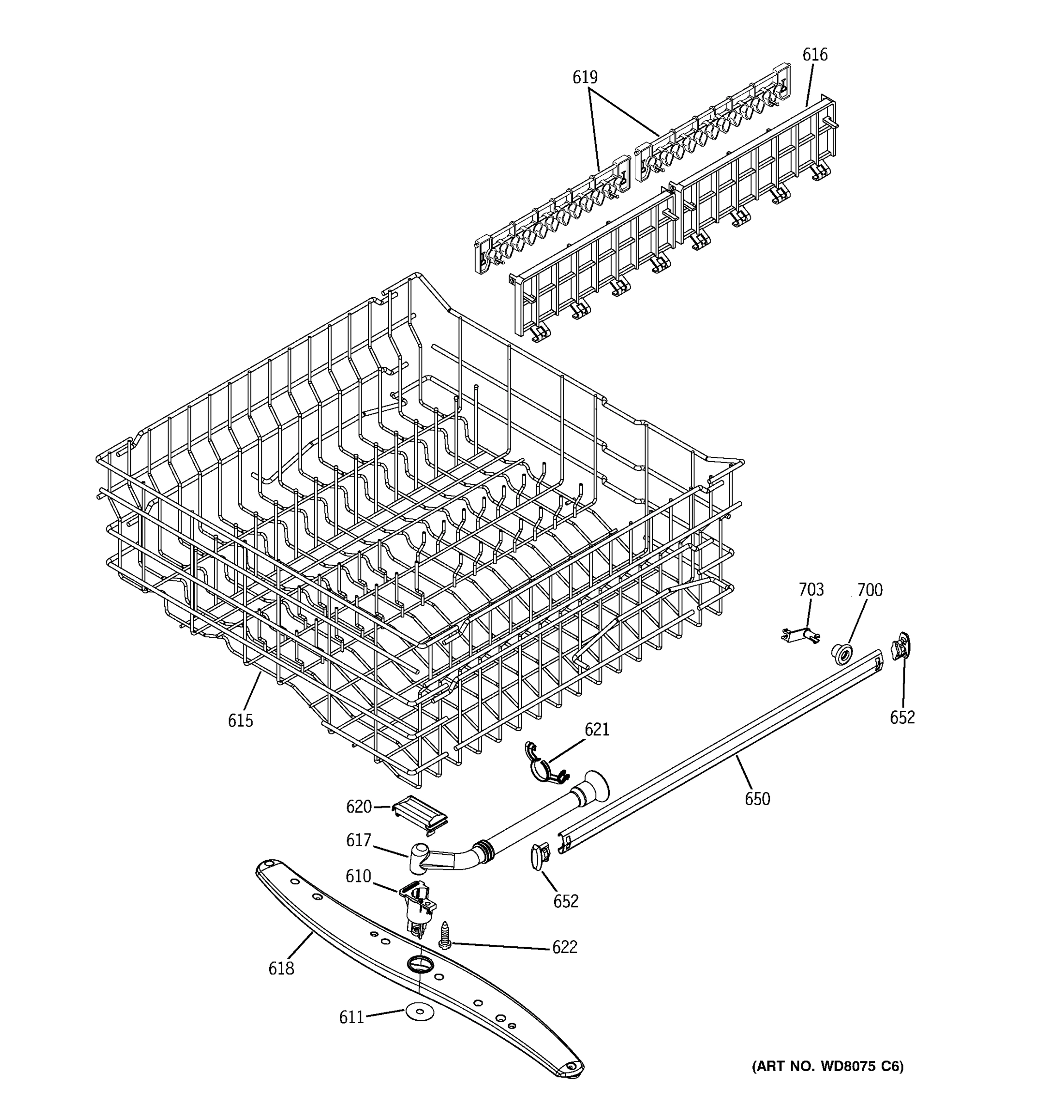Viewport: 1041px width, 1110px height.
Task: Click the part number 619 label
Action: (584, 78)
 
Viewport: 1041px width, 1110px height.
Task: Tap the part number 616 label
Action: (814, 55)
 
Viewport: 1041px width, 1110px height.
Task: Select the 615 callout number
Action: (240, 721)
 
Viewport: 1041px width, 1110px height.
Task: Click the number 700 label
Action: (869, 590)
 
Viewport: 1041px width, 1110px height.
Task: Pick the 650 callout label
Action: (757, 800)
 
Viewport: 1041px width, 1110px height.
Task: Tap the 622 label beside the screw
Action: (564, 947)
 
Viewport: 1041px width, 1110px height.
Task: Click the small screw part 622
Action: (445, 936)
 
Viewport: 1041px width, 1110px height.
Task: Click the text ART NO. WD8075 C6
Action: (827, 1067)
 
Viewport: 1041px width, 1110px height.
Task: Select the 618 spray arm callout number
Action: (281, 968)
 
